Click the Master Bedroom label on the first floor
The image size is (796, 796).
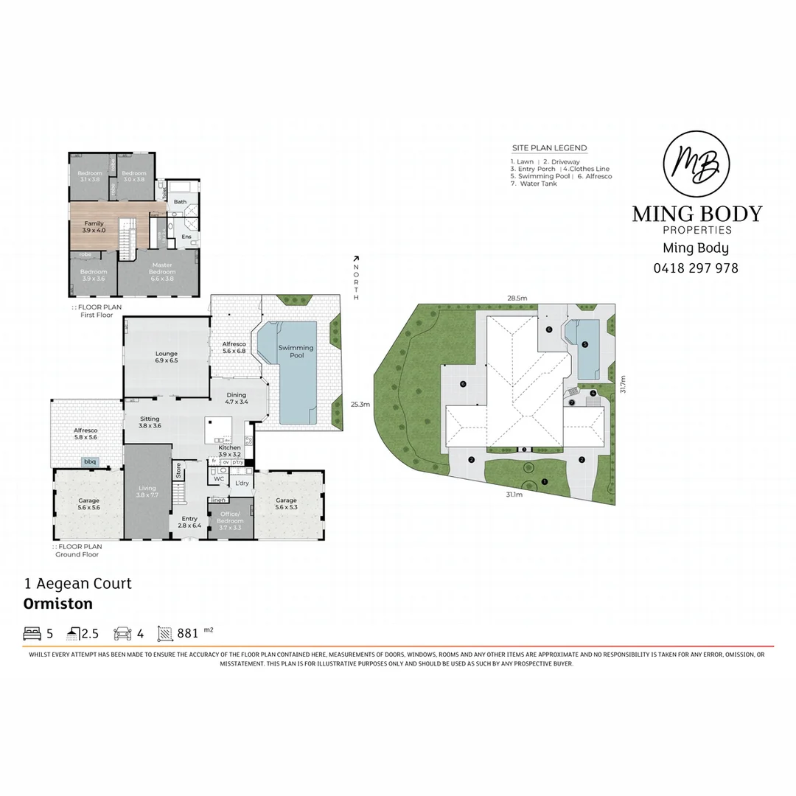tap(162, 268)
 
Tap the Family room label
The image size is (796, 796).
tap(94, 226)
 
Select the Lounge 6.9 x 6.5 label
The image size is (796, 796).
tap(166, 357)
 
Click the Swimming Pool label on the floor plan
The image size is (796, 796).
tap(296, 352)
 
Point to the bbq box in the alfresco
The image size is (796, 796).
tap(90, 462)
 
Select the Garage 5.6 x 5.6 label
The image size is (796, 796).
tap(88, 504)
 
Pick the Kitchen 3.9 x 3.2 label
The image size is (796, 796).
tap(229, 451)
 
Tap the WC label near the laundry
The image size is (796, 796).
tap(218, 478)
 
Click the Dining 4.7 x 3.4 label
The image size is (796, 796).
tap(237, 399)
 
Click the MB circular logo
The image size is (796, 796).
tap(696, 164)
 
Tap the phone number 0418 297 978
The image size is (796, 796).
tap(696, 268)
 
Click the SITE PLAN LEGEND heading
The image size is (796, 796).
tap(549, 148)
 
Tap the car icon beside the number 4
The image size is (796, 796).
tap(122, 633)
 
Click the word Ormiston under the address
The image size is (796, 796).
tap(58, 604)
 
